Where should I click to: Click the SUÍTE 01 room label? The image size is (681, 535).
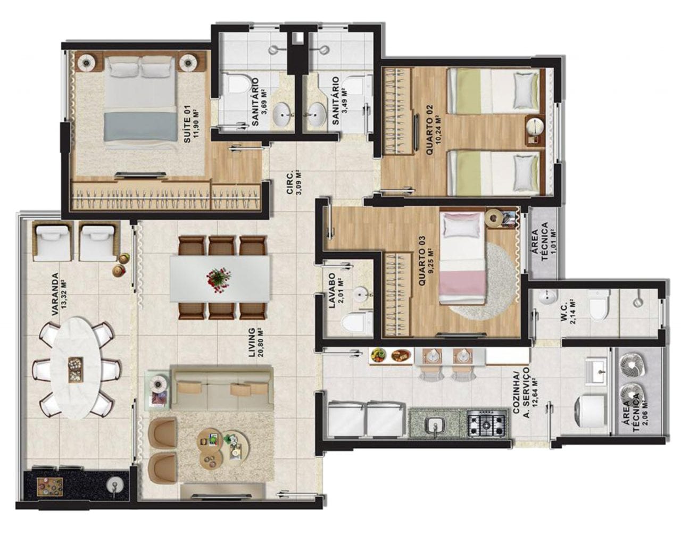(x=187, y=130)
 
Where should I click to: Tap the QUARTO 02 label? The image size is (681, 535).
(x=429, y=129)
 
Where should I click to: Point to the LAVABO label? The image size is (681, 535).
(x=332, y=291)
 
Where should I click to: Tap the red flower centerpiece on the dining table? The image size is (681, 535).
(x=219, y=279)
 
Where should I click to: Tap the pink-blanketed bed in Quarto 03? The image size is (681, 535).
(x=462, y=258)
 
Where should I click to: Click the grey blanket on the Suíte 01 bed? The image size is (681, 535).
(x=140, y=127)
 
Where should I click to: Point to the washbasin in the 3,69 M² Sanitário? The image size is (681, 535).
(x=284, y=114)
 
